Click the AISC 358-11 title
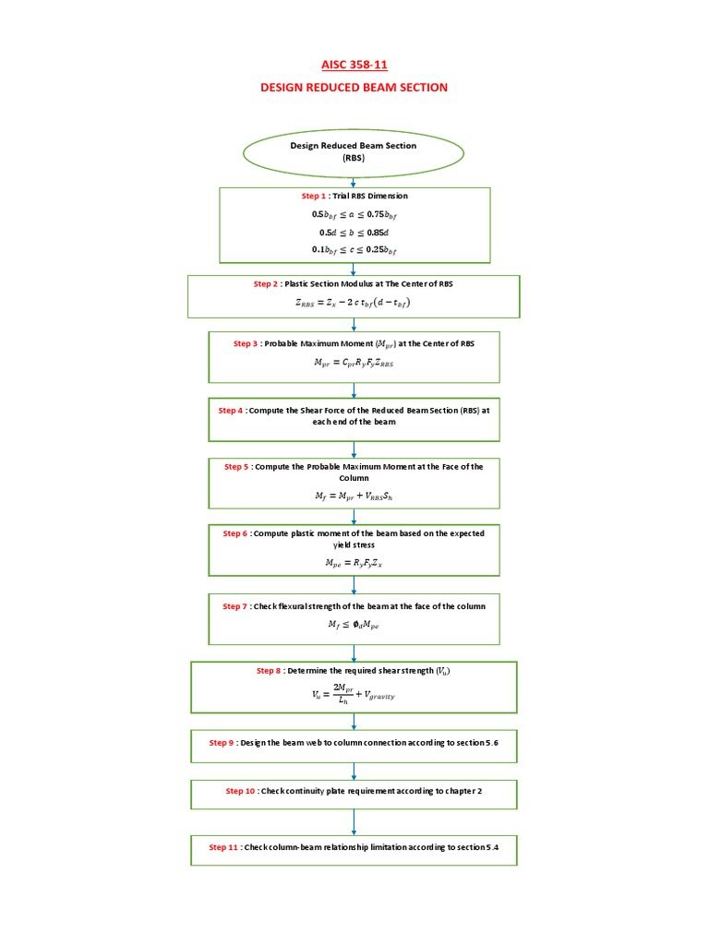pyautogui.click(x=354, y=66)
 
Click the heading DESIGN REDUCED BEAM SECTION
pyautogui.click(x=354, y=88)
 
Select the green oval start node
pyautogui.click(x=354, y=152)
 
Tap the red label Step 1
pyautogui.click(x=313, y=197)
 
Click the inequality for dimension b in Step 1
pyautogui.click(x=354, y=233)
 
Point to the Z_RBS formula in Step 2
pyautogui.click(x=354, y=302)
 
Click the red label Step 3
pyautogui.click(x=248, y=343)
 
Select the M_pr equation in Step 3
pyautogui.click(x=354, y=364)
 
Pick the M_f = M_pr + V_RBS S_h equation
pyautogui.click(x=354, y=496)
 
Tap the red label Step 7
pyautogui.click(x=235, y=606)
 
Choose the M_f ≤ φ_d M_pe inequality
pyautogui.click(x=354, y=625)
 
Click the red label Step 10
pyautogui.click(x=241, y=791)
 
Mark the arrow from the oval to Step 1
pyautogui.click(x=354, y=183)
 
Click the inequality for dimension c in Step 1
pyautogui.click(x=354, y=250)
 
